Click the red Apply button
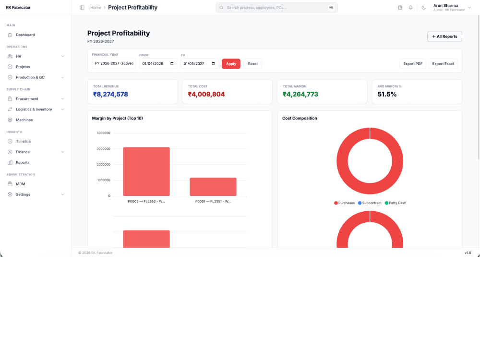click(x=231, y=64)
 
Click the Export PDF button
click(x=413, y=64)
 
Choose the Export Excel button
click(x=443, y=64)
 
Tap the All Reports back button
click(x=444, y=36)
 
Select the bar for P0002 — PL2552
click(x=146, y=171)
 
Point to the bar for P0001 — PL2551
click(x=213, y=187)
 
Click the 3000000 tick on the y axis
click(x=104, y=149)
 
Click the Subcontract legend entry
click(x=370, y=203)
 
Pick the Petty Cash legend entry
click(x=395, y=203)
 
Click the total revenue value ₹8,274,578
click(x=110, y=94)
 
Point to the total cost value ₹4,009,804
click(x=206, y=94)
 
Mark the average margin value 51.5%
click(x=387, y=94)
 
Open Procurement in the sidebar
click(x=27, y=99)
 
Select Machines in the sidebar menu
click(x=24, y=120)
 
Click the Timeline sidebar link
click(x=23, y=142)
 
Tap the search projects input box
click(x=276, y=8)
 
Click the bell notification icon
click(x=410, y=8)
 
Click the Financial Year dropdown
click(x=114, y=64)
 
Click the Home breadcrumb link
click(x=96, y=8)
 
